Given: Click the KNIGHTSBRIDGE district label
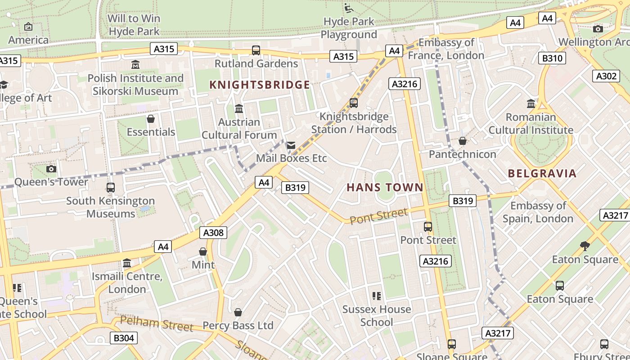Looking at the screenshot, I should point(260,85).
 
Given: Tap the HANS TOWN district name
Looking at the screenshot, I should point(385,188).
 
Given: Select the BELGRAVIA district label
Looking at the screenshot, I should point(542,173).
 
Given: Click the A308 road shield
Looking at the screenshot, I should point(213,233).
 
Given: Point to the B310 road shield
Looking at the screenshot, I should point(552,58).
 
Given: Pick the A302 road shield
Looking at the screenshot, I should point(606,76).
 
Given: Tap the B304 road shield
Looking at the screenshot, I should point(124,338).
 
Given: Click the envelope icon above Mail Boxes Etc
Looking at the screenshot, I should point(291,145).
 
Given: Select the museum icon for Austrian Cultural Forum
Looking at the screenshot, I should point(239,109).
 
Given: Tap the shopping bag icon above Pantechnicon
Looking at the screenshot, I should point(462,141).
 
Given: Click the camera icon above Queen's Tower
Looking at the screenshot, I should point(51,169).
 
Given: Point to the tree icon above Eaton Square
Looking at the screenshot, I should point(585,246).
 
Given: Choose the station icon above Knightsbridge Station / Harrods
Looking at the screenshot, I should point(354,103).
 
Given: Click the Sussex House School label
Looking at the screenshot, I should point(376,315).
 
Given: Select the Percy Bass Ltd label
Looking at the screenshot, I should point(238,325).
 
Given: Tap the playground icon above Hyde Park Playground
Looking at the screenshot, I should point(348,8).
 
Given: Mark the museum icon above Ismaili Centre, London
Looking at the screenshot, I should point(127,263).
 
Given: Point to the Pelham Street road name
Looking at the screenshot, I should point(157,324).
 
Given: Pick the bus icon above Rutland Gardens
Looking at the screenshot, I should point(256,50).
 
